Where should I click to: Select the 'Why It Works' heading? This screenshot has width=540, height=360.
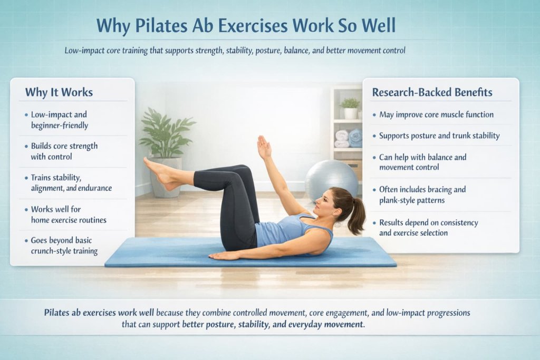tap(59, 92)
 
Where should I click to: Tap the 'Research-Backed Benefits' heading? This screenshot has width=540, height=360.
tap(432, 92)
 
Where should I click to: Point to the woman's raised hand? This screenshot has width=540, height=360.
tap(264, 147)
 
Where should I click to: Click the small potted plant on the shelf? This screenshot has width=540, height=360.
tap(350, 108)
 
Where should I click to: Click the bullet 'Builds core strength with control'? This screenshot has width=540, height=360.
tap(64, 151)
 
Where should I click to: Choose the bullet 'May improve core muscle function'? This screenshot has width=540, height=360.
tap(436, 114)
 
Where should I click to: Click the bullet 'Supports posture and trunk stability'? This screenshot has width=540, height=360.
tap(439, 135)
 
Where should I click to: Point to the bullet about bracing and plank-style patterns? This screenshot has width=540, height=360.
tap(422, 194)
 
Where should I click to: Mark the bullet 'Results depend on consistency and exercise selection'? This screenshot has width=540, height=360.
tap(428, 227)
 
